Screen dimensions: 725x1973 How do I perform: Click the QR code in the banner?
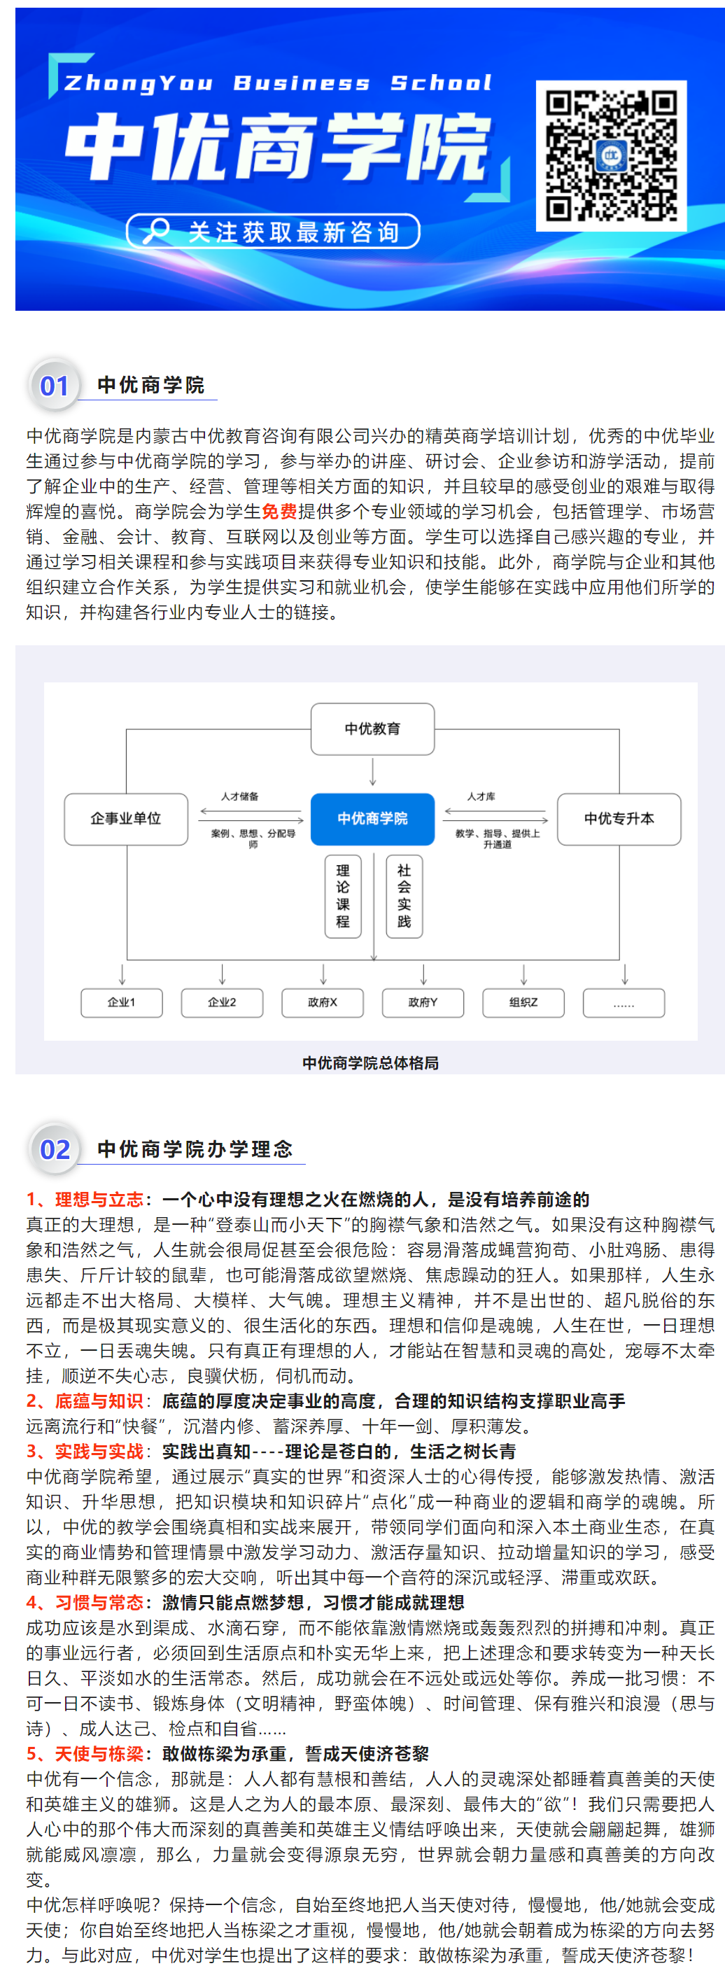(611, 155)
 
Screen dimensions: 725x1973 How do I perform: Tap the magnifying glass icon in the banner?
(155, 230)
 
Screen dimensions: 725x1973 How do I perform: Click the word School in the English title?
(441, 83)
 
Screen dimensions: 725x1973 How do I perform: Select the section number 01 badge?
(54, 385)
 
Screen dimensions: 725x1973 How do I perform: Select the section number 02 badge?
(54, 1149)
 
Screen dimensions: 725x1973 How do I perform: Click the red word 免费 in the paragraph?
(279, 512)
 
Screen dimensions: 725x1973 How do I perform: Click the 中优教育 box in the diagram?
(373, 729)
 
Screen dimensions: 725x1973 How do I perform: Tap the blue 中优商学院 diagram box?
(373, 819)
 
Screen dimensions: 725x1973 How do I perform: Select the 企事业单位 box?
(127, 819)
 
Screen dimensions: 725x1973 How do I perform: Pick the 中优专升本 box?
(619, 819)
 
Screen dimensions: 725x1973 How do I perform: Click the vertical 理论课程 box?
(343, 896)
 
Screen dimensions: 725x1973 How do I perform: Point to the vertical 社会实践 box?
(404, 896)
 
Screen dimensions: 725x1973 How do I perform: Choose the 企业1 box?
(122, 1002)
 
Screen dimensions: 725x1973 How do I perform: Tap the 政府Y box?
(423, 1002)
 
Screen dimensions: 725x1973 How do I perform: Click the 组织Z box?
(523, 1002)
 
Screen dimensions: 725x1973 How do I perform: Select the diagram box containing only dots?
(624, 1002)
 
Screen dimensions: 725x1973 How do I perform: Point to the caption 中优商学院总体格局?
(370, 1062)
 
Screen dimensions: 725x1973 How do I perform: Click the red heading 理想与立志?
(99, 1200)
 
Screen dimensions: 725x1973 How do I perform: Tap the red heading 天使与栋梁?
(99, 1754)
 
